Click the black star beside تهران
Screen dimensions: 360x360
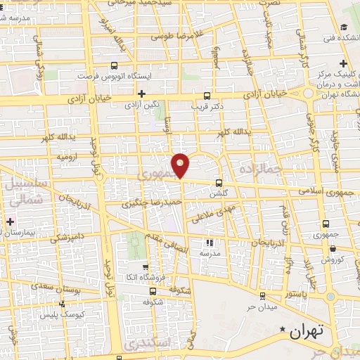click(283, 329)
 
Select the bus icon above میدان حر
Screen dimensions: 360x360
click(262, 296)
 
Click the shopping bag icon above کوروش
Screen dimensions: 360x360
click(332, 248)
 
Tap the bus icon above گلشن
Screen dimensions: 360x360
click(219, 181)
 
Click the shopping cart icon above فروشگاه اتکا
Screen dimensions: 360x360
click(146, 267)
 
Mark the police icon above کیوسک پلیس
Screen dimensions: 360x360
click(63, 304)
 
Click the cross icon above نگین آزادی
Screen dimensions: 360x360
click(142, 93)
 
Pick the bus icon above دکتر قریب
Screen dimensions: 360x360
click(206, 96)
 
